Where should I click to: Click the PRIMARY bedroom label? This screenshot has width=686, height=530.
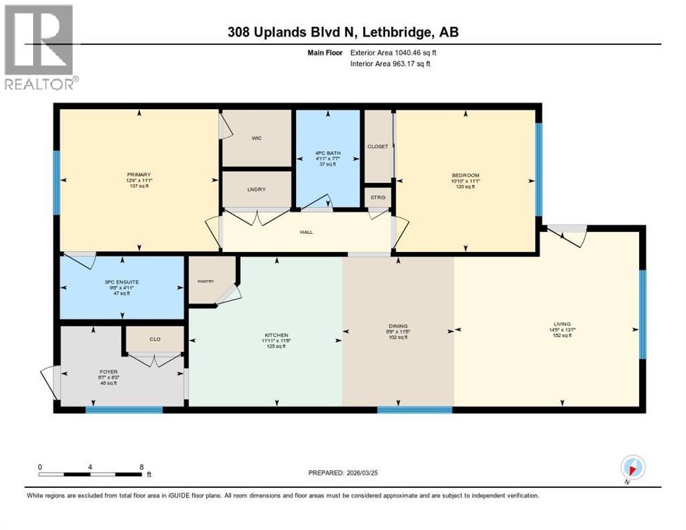[139, 175]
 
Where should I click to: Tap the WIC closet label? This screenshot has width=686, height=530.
[256, 138]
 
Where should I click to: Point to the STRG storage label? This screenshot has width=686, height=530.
[378, 197]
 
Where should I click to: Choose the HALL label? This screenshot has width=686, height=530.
[306, 232]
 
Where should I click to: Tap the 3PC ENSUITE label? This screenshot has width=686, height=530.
[122, 282]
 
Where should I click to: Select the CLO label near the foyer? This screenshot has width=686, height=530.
[155, 339]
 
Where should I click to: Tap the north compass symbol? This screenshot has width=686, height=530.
[633, 468]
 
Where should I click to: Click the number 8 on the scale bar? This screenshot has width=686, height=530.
[141, 467]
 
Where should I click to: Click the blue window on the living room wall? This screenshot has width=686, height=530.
[642, 314]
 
